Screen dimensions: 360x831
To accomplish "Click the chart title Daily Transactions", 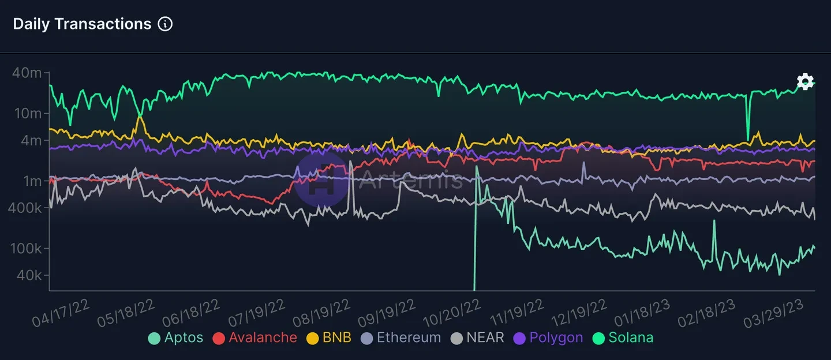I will click(82, 24).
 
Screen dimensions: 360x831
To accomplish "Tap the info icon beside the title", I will click(165, 24).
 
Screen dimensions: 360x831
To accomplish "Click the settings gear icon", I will click(805, 82).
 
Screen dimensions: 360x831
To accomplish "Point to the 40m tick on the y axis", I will click(27, 73).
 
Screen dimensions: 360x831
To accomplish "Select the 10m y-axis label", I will click(27, 113).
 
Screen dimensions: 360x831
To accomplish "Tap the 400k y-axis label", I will click(24, 208).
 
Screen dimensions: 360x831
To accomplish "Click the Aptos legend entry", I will click(176, 338).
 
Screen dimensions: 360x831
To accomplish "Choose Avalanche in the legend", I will click(255, 338).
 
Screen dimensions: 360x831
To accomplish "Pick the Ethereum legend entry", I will click(401, 338).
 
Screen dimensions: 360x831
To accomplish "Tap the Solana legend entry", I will click(623, 338).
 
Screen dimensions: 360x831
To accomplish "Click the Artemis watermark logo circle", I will click(320, 179).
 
